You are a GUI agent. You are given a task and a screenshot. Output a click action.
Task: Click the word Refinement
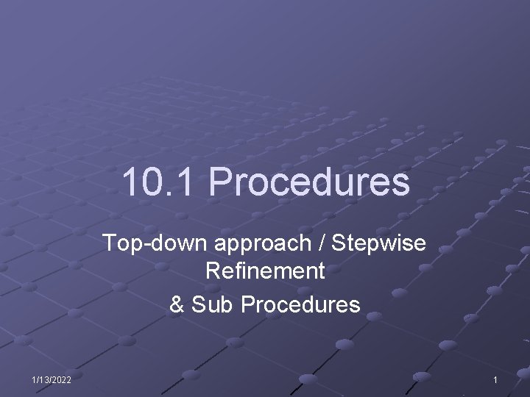pos(265,272)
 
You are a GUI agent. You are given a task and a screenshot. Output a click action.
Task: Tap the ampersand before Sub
pos(177,303)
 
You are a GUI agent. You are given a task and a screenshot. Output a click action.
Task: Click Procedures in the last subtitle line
pos(300,303)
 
